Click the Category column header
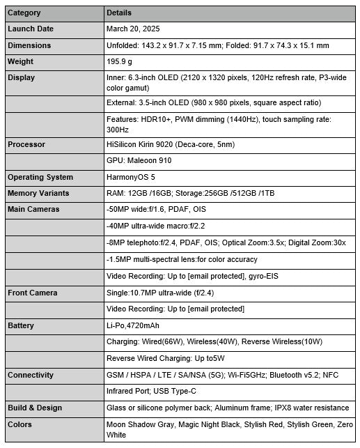[24, 13]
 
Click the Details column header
[118, 13]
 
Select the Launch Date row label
[30, 29]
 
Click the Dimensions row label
[29, 45]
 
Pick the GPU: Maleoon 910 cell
[140, 160]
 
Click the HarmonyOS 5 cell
[130, 177]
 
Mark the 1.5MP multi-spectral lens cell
[182, 259]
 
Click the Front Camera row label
[32, 293]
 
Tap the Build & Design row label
[35, 408]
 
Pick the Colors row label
[20, 424]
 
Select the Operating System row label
[40, 177]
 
